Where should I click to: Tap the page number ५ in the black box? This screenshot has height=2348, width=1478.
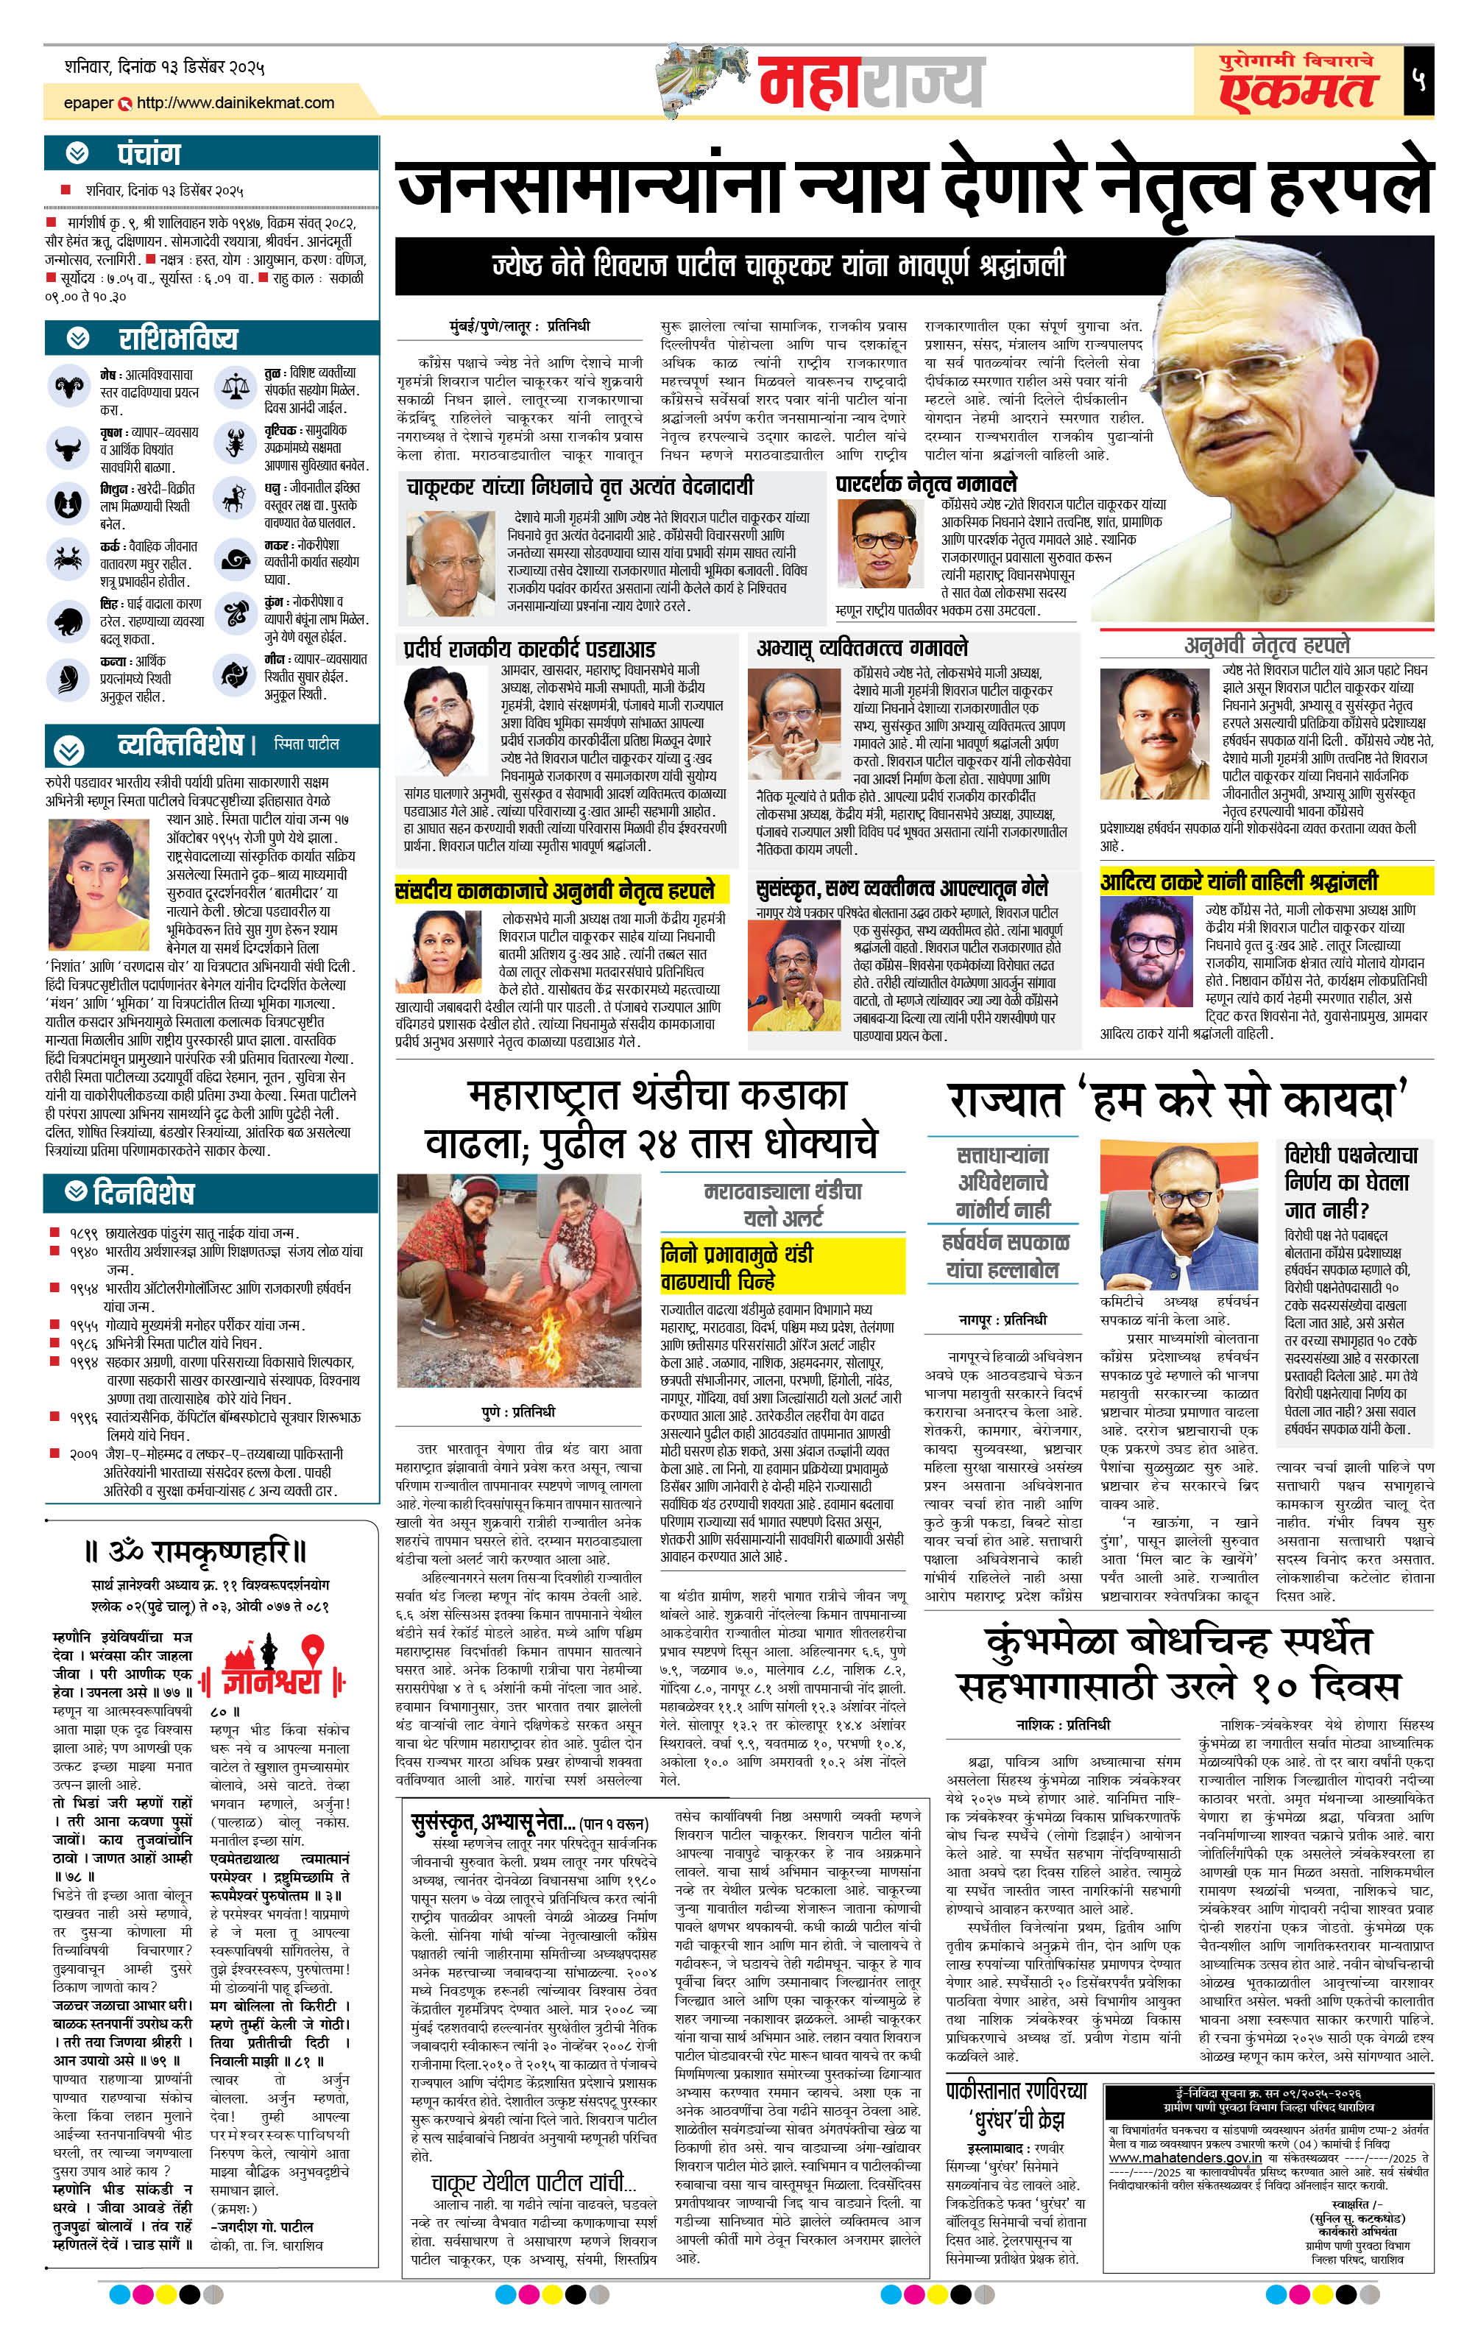pos(1418,80)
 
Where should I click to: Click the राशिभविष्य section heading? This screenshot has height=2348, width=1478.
pos(177,339)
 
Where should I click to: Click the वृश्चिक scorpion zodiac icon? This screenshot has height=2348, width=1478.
pos(235,445)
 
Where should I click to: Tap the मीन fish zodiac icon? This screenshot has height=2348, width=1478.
pos(234,674)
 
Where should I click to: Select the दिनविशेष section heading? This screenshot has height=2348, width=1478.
pos(142,1193)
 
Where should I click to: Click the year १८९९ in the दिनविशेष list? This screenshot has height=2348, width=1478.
pos(84,1233)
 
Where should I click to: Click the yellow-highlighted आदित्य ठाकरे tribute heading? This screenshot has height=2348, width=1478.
pos(1238,881)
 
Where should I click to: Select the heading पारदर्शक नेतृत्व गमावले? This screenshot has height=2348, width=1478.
pos(925,483)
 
